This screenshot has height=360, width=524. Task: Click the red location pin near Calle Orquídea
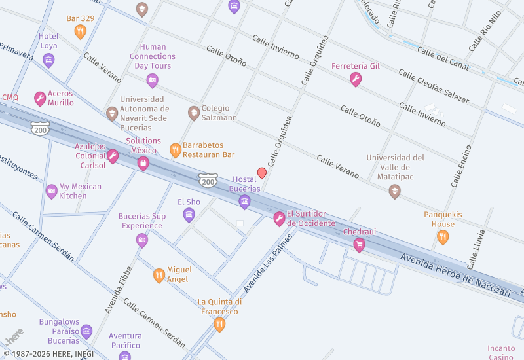262,173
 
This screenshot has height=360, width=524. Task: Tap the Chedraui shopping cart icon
359,245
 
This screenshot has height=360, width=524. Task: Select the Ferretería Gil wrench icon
356,80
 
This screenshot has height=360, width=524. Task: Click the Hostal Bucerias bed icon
244,202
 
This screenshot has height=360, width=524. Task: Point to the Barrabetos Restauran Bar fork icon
175,150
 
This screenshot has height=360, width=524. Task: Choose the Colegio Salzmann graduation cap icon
193,113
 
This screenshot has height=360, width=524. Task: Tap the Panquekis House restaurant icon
443,237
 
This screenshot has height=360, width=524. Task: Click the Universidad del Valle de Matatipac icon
394,191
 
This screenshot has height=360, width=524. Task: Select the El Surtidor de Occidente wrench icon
279,219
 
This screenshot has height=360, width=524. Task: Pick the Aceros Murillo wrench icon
40,99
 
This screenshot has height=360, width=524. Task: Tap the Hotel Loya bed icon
48,60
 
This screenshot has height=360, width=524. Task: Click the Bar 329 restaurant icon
80,31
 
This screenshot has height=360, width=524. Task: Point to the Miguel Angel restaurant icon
159,275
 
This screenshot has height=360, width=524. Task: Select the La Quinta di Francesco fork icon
219,324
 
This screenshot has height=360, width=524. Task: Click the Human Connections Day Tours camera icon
153,81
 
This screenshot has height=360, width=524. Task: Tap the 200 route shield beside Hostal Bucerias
208,179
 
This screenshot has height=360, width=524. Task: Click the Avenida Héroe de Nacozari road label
455,276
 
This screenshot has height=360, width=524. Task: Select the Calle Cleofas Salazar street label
434,88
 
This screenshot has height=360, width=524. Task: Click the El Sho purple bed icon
189,215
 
